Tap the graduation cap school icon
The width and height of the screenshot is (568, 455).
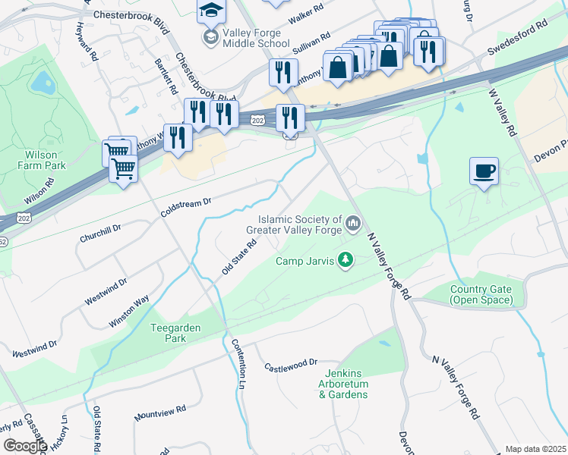point(210,11)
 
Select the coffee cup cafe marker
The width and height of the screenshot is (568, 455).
point(484,171)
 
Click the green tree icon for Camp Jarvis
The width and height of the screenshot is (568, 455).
point(346,260)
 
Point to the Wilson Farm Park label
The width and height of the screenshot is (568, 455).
point(41,160)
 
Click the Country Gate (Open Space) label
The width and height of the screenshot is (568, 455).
point(481,294)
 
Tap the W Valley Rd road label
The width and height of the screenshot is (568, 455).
point(502,111)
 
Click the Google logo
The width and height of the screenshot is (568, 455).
point(25,446)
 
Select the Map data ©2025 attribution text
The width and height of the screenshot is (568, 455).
point(535,449)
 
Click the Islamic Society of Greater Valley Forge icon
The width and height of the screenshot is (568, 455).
point(352,224)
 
